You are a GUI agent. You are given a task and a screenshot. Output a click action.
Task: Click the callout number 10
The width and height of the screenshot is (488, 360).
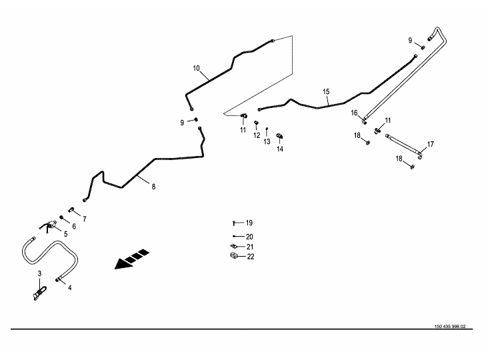pyautogui.click(x=196, y=68)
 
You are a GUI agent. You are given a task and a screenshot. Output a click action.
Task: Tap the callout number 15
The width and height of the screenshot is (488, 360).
pyautogui.click(x=326, y=91)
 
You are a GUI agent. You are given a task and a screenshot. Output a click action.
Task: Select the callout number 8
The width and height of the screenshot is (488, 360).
pyautogui.click(x=153, y=187)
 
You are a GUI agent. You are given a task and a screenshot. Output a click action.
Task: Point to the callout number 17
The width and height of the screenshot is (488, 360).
pyautogui.click(x=431, y=144)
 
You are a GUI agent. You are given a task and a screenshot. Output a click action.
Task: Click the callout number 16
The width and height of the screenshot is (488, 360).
pyautogui.click(x=355, y=113)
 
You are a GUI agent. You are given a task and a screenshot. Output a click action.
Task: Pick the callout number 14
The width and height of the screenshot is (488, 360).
pyautogui.click(x=280, y=149)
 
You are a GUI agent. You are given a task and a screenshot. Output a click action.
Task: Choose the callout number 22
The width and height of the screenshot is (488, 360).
pyautogui.click(x=250, y=257)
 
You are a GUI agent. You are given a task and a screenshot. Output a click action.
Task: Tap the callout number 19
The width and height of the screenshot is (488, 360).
pyautogui.click(x=249, y=223)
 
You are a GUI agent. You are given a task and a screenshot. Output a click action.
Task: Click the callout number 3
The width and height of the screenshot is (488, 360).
pyautogui.click(x=39, y=274)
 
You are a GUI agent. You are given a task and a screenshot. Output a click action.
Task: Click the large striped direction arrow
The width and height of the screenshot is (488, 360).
pyautogui.click(x=132, y=259)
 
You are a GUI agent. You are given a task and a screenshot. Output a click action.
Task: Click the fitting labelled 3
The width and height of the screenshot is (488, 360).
pyautogui.click(x=39, y=292)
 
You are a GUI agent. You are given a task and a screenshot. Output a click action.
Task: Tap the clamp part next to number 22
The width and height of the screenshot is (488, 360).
pyautogui.click(x=234, y=256)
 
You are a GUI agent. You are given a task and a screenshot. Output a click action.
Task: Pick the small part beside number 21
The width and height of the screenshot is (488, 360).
pyautogui.click(x=234, y=246)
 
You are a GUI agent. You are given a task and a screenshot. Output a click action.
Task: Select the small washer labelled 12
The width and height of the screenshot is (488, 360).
pyautogui.click(x=256, y=123)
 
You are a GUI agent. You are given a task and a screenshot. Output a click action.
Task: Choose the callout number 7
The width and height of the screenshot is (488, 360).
pyautogui.click(x=84, y=219)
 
